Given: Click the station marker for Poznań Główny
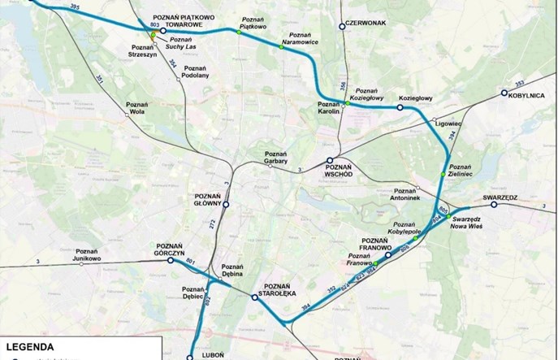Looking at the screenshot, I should pos(227,206).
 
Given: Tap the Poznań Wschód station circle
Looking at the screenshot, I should pos(330,161).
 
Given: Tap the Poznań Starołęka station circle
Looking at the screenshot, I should pos(254,298).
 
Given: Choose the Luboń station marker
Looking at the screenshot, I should pos(190,357).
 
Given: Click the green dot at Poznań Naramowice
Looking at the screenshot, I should pos(283,48).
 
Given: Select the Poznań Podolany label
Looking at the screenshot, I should pos(196,72).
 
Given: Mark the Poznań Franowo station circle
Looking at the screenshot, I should pos(387,255).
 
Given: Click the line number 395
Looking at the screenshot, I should pos(76,8).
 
